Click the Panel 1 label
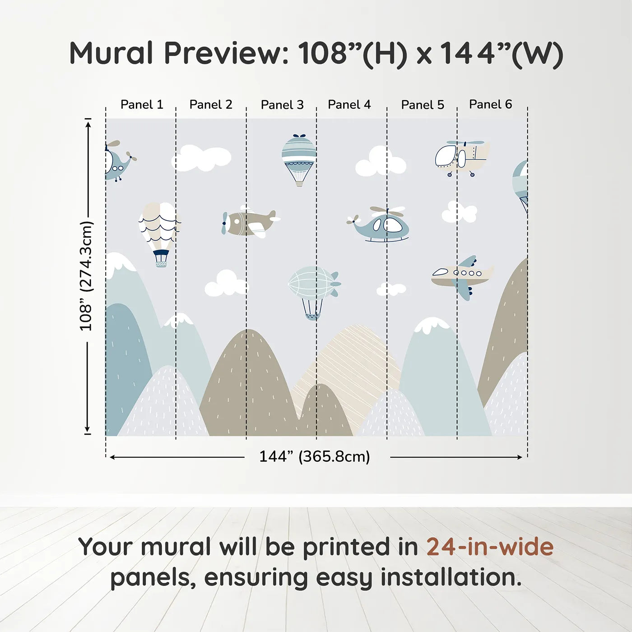click(x=141, y=105)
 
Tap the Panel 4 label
click(x=349, y=105)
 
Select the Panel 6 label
click(x=490, y=105)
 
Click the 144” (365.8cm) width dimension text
click(x=314, y=456)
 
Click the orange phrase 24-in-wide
click(x=489, y=547)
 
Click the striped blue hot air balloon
click(x=299, y=156)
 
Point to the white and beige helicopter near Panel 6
click(x=461, y=158)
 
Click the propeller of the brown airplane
click(x=224, y=223)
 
